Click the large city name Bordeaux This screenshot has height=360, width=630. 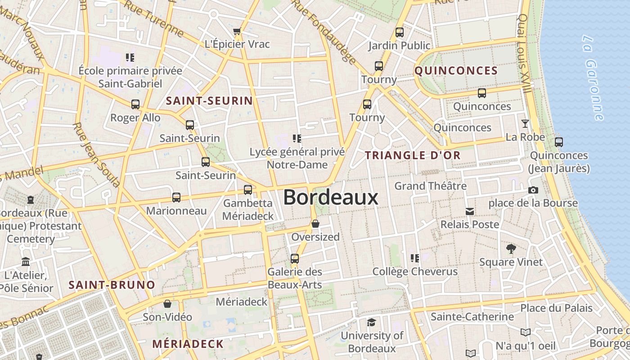click(x=331, y=198)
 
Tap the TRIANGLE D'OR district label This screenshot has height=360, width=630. click(x=413, y=155)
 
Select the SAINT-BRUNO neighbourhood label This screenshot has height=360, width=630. click(x=112, y=285)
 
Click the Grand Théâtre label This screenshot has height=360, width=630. click(x=430, y=185)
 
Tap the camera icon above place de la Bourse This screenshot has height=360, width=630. click(x=533, y=190)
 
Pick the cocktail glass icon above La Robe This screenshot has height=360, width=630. click(x=525, y=124)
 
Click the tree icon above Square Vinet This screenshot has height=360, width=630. click(x=511, y=248)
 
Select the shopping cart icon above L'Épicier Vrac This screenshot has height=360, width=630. click(x=237, y=31)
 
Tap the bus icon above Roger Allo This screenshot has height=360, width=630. click(x=135, y=104)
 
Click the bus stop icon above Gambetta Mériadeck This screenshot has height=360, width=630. click(x=248, y=190)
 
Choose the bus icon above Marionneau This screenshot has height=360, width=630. click(x=176, y=198)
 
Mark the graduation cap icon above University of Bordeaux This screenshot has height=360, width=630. click(x=371, y=322)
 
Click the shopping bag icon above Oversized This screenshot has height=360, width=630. click(x=315, y=224)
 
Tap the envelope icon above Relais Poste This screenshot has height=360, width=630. click(x=470, y=211)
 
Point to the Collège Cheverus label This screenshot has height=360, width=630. click(x=414, y=271)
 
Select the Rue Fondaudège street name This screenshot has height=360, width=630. click(x=324, y=31)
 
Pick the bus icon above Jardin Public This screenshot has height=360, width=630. click(x=399, y=32)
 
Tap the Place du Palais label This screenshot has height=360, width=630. click(x=556, y=308)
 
